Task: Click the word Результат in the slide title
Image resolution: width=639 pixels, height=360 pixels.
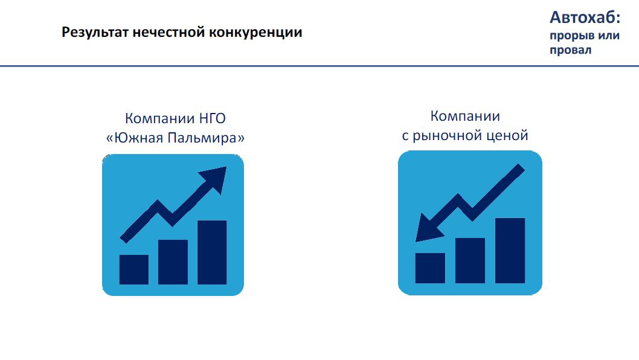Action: (95, 33)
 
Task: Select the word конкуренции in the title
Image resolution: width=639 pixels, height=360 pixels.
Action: (255, 33)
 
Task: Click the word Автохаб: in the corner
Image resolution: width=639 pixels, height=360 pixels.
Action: (585, 18)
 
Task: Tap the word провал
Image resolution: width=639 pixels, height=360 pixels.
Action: (571, 50)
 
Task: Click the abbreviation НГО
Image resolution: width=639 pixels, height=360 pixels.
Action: (212, 118)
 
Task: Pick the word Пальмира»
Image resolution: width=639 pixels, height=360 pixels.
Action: (206, 138)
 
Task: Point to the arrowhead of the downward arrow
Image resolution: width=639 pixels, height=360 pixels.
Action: (428, 228)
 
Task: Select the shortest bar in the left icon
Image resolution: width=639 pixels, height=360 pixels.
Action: (134, 269)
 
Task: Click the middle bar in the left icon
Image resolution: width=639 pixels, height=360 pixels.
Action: (173, 262)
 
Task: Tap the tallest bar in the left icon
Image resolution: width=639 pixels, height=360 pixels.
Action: (212, 252)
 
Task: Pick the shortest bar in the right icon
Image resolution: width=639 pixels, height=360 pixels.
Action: (431, 268)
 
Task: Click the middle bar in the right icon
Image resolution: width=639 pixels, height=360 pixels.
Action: (470, 260)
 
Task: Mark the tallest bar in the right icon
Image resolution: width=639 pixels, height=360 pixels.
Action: (510, 251)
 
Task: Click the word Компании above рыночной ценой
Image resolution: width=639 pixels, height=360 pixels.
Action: (465, 116)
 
